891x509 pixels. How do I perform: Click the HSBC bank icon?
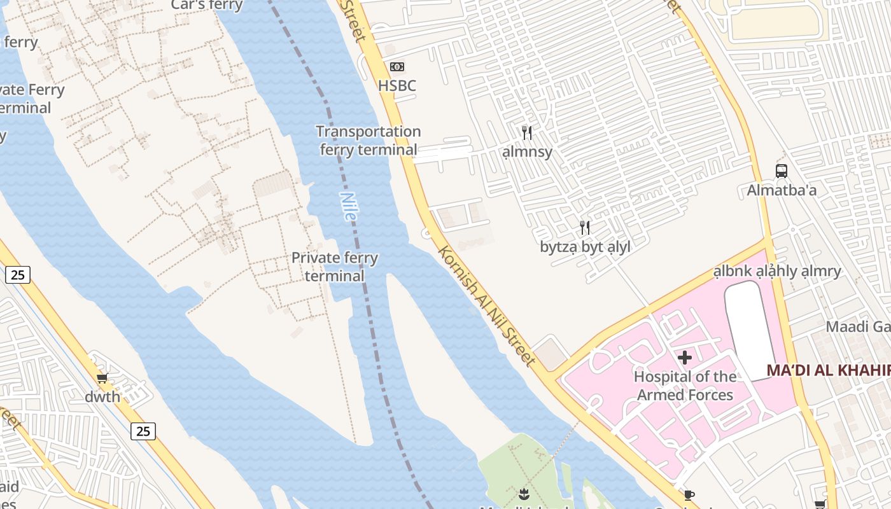coord(397,67)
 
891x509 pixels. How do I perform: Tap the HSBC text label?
coord(397,85)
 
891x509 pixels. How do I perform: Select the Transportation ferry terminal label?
coord(368,141)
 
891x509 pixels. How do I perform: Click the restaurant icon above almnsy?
coord(527,132)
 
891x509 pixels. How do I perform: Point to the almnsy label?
coord(527,152)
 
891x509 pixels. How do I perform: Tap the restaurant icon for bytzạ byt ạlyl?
coord(585,227)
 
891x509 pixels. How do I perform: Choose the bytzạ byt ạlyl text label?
coord(585,247)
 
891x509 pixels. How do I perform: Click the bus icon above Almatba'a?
coord(782,171)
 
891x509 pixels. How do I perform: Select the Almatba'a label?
coord(782,190)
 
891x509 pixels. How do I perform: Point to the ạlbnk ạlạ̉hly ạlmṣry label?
coord(777,271)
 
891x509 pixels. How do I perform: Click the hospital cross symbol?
coord(685,358)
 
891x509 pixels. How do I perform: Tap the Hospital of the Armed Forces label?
coord(685,386)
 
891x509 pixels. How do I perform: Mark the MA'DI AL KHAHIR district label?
coord(827,370)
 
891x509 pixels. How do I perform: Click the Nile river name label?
coord(348,206)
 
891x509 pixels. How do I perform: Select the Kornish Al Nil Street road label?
coord(487,305)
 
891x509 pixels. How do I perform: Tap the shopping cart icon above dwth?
coord(102,377)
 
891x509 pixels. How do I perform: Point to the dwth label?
coord(102,397)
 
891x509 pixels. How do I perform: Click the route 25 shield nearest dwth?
coord(143,431)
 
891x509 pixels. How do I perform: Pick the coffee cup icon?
coord(689,495)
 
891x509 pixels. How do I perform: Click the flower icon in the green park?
coord(523,493)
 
